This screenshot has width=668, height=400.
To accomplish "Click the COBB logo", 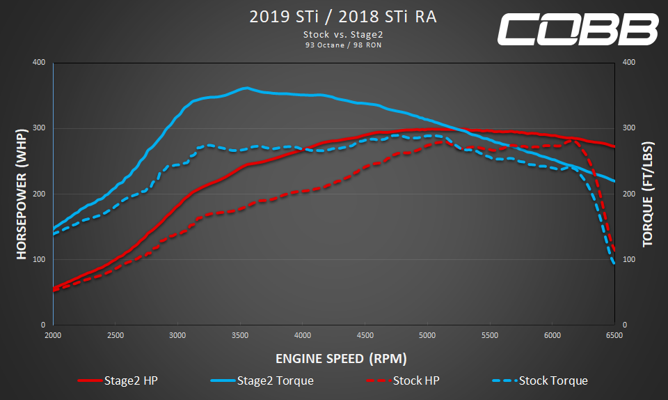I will click(577, 29).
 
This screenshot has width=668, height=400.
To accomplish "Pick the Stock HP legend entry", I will click(402, 380).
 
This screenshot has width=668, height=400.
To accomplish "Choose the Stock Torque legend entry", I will click(539, 380).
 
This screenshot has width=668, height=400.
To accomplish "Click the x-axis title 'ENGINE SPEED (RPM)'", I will click(341, 359).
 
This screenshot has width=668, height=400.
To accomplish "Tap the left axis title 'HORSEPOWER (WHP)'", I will click(21, 194).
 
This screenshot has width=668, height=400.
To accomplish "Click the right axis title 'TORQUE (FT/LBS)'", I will click(647, 194).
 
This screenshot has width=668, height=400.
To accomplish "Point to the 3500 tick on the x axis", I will click(240, 335).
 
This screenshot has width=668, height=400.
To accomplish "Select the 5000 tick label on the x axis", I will click(427, 335).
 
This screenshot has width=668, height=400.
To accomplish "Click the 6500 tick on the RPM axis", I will click(614, 335).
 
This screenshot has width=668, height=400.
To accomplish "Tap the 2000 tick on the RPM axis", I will click(54, 335).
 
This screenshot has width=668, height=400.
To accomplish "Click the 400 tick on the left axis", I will click(39, 63).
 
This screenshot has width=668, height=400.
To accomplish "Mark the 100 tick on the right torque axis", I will click(628, 259).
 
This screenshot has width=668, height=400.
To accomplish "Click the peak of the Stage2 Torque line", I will click(246, 89).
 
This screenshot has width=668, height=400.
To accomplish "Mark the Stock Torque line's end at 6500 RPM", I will click(614, 263).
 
